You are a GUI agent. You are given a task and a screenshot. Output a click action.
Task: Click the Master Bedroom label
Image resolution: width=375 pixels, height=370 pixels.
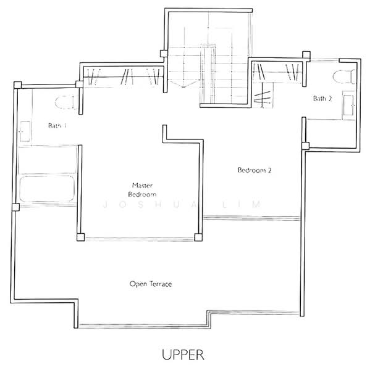[142, 189]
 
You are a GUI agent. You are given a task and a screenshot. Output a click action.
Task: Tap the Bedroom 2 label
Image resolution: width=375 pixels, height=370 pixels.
[255, 171]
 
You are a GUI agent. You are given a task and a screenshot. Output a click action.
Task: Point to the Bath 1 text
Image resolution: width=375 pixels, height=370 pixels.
[57, 125]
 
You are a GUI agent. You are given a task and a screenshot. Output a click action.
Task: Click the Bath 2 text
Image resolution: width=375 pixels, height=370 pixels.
[322, 98]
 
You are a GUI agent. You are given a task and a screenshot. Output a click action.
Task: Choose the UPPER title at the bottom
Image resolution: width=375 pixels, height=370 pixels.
[182, 355]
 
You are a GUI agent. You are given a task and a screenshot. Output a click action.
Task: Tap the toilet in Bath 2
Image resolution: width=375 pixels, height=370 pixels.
[342, 77]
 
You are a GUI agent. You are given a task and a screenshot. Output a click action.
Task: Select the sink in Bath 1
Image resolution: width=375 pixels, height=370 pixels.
[26, 131]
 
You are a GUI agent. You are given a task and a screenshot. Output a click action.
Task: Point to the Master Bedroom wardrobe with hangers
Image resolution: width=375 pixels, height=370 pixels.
[124, 76]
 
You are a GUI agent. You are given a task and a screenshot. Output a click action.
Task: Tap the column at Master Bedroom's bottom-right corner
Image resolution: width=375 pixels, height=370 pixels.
[198, 237]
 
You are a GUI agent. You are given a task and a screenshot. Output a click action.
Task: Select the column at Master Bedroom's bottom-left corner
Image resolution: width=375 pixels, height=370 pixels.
[79, 237]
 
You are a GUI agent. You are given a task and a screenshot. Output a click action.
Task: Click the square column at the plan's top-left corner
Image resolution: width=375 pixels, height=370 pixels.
[18, 84]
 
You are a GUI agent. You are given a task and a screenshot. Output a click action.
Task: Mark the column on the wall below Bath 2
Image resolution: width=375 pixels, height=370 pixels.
[304, 146]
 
